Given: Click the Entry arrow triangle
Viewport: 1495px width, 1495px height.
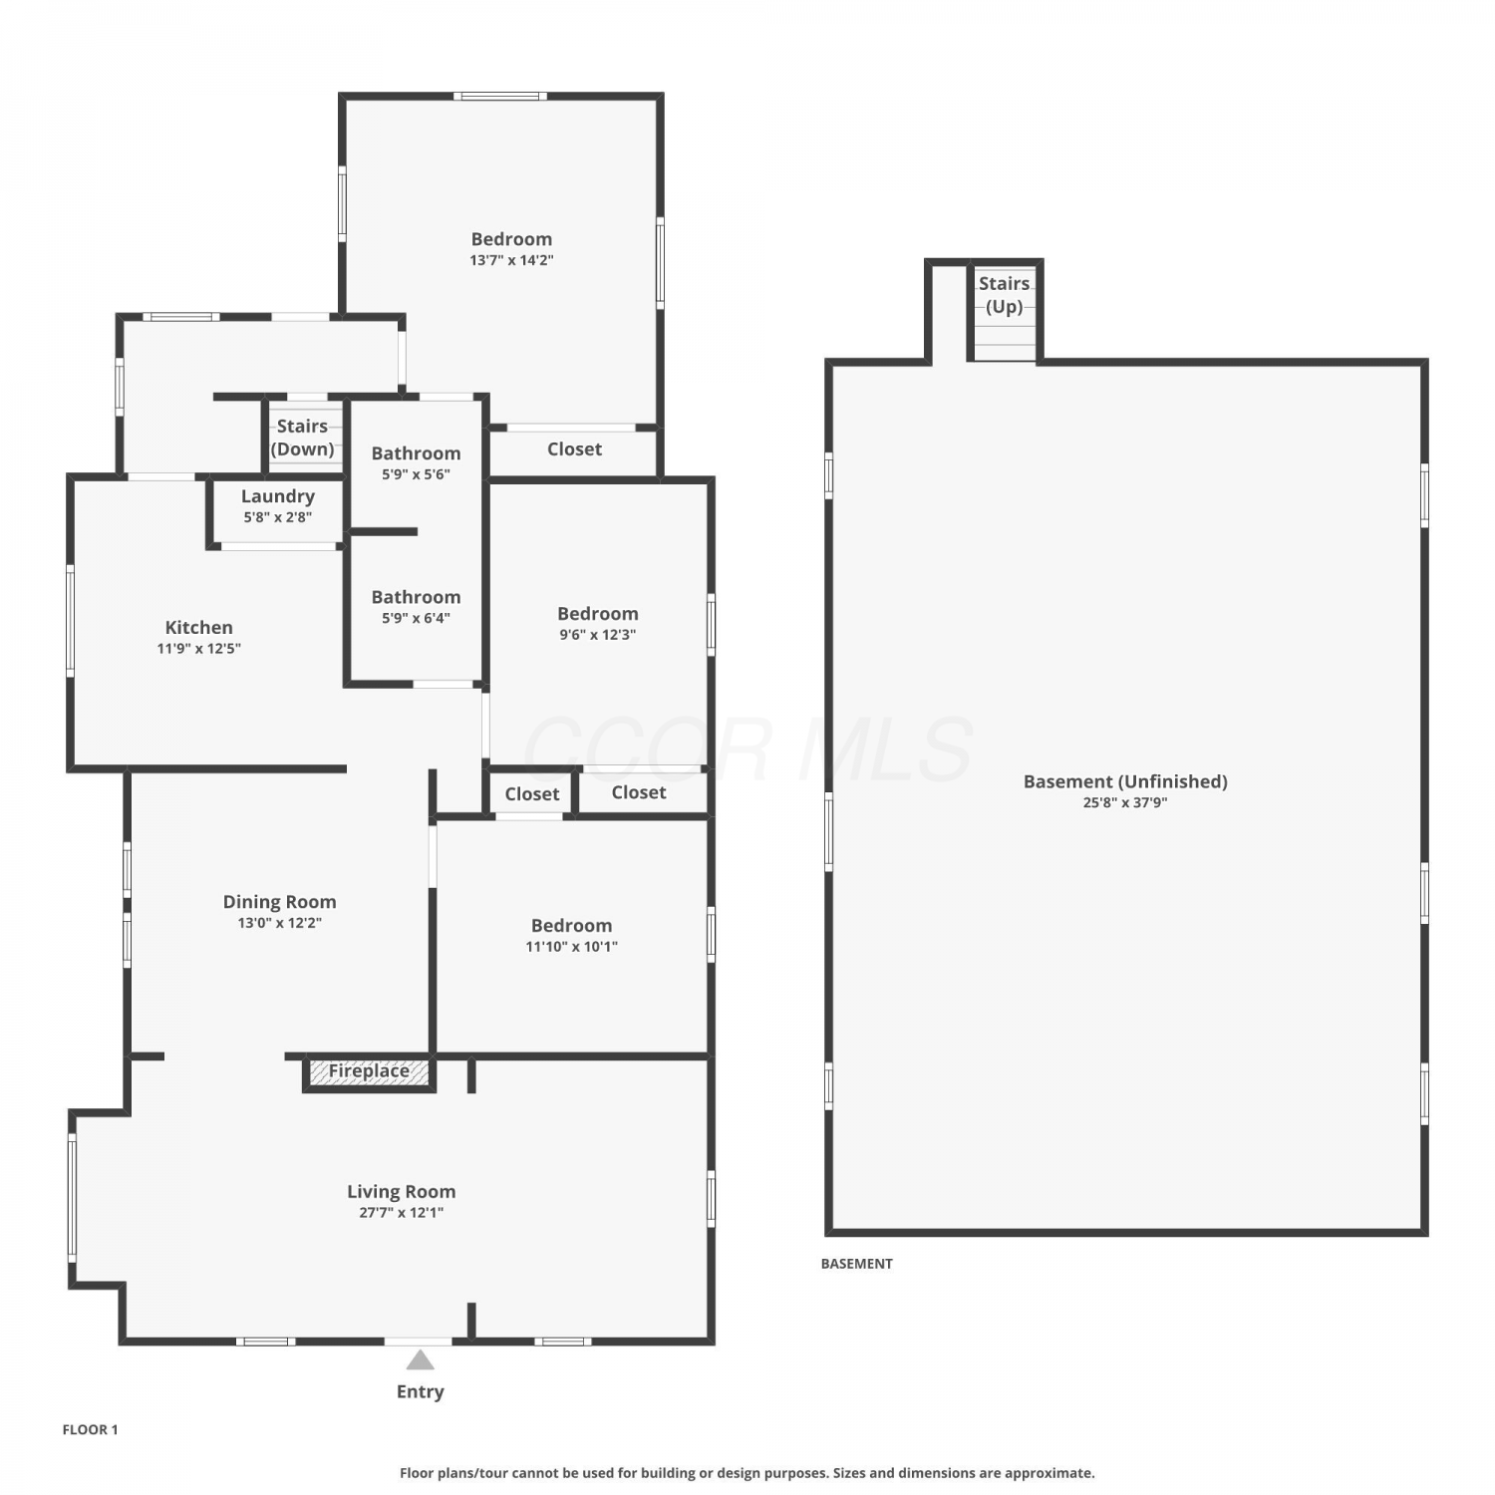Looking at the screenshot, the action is pos(421,1359).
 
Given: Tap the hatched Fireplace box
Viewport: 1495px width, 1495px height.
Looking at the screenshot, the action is pos(370,1072).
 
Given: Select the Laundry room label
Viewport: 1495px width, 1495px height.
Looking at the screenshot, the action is pos(278,496).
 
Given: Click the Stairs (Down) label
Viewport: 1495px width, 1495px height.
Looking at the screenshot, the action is pos(302,438).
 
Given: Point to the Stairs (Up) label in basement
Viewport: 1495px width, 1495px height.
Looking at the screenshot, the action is pos(1005,295).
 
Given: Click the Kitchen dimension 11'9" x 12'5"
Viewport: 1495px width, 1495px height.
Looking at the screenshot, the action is pos(199,649).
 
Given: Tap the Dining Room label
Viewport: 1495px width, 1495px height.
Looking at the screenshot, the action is pos(280,902).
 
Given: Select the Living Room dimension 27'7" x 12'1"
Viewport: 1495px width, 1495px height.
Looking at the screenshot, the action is pos(402,1213).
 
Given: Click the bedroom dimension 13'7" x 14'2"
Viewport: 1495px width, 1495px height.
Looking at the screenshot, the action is pos(512,260).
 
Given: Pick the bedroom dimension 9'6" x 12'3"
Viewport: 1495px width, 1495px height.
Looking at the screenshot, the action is pos(598,635).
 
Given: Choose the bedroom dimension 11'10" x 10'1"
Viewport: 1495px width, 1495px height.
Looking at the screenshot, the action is pos(572,947).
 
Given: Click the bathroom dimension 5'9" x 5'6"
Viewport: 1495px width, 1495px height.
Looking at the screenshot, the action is pos(417,474).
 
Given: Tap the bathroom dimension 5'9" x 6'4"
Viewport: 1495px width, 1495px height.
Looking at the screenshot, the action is pos(417,618).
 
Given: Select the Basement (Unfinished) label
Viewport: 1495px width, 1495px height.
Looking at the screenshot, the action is pos(1126,782).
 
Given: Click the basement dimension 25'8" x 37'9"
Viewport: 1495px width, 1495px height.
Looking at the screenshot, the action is pos(1126,802).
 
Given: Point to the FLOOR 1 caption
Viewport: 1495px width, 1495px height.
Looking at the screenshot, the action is pos(91,1429).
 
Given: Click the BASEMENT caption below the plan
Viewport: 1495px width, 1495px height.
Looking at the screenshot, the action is pos(857,1264).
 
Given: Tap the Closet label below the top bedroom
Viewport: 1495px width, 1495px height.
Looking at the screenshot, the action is pos(575,449).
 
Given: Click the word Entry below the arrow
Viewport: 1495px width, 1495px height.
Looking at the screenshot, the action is pos(421,1392).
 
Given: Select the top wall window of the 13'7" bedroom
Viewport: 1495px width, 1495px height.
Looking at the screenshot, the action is pos(500,97).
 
